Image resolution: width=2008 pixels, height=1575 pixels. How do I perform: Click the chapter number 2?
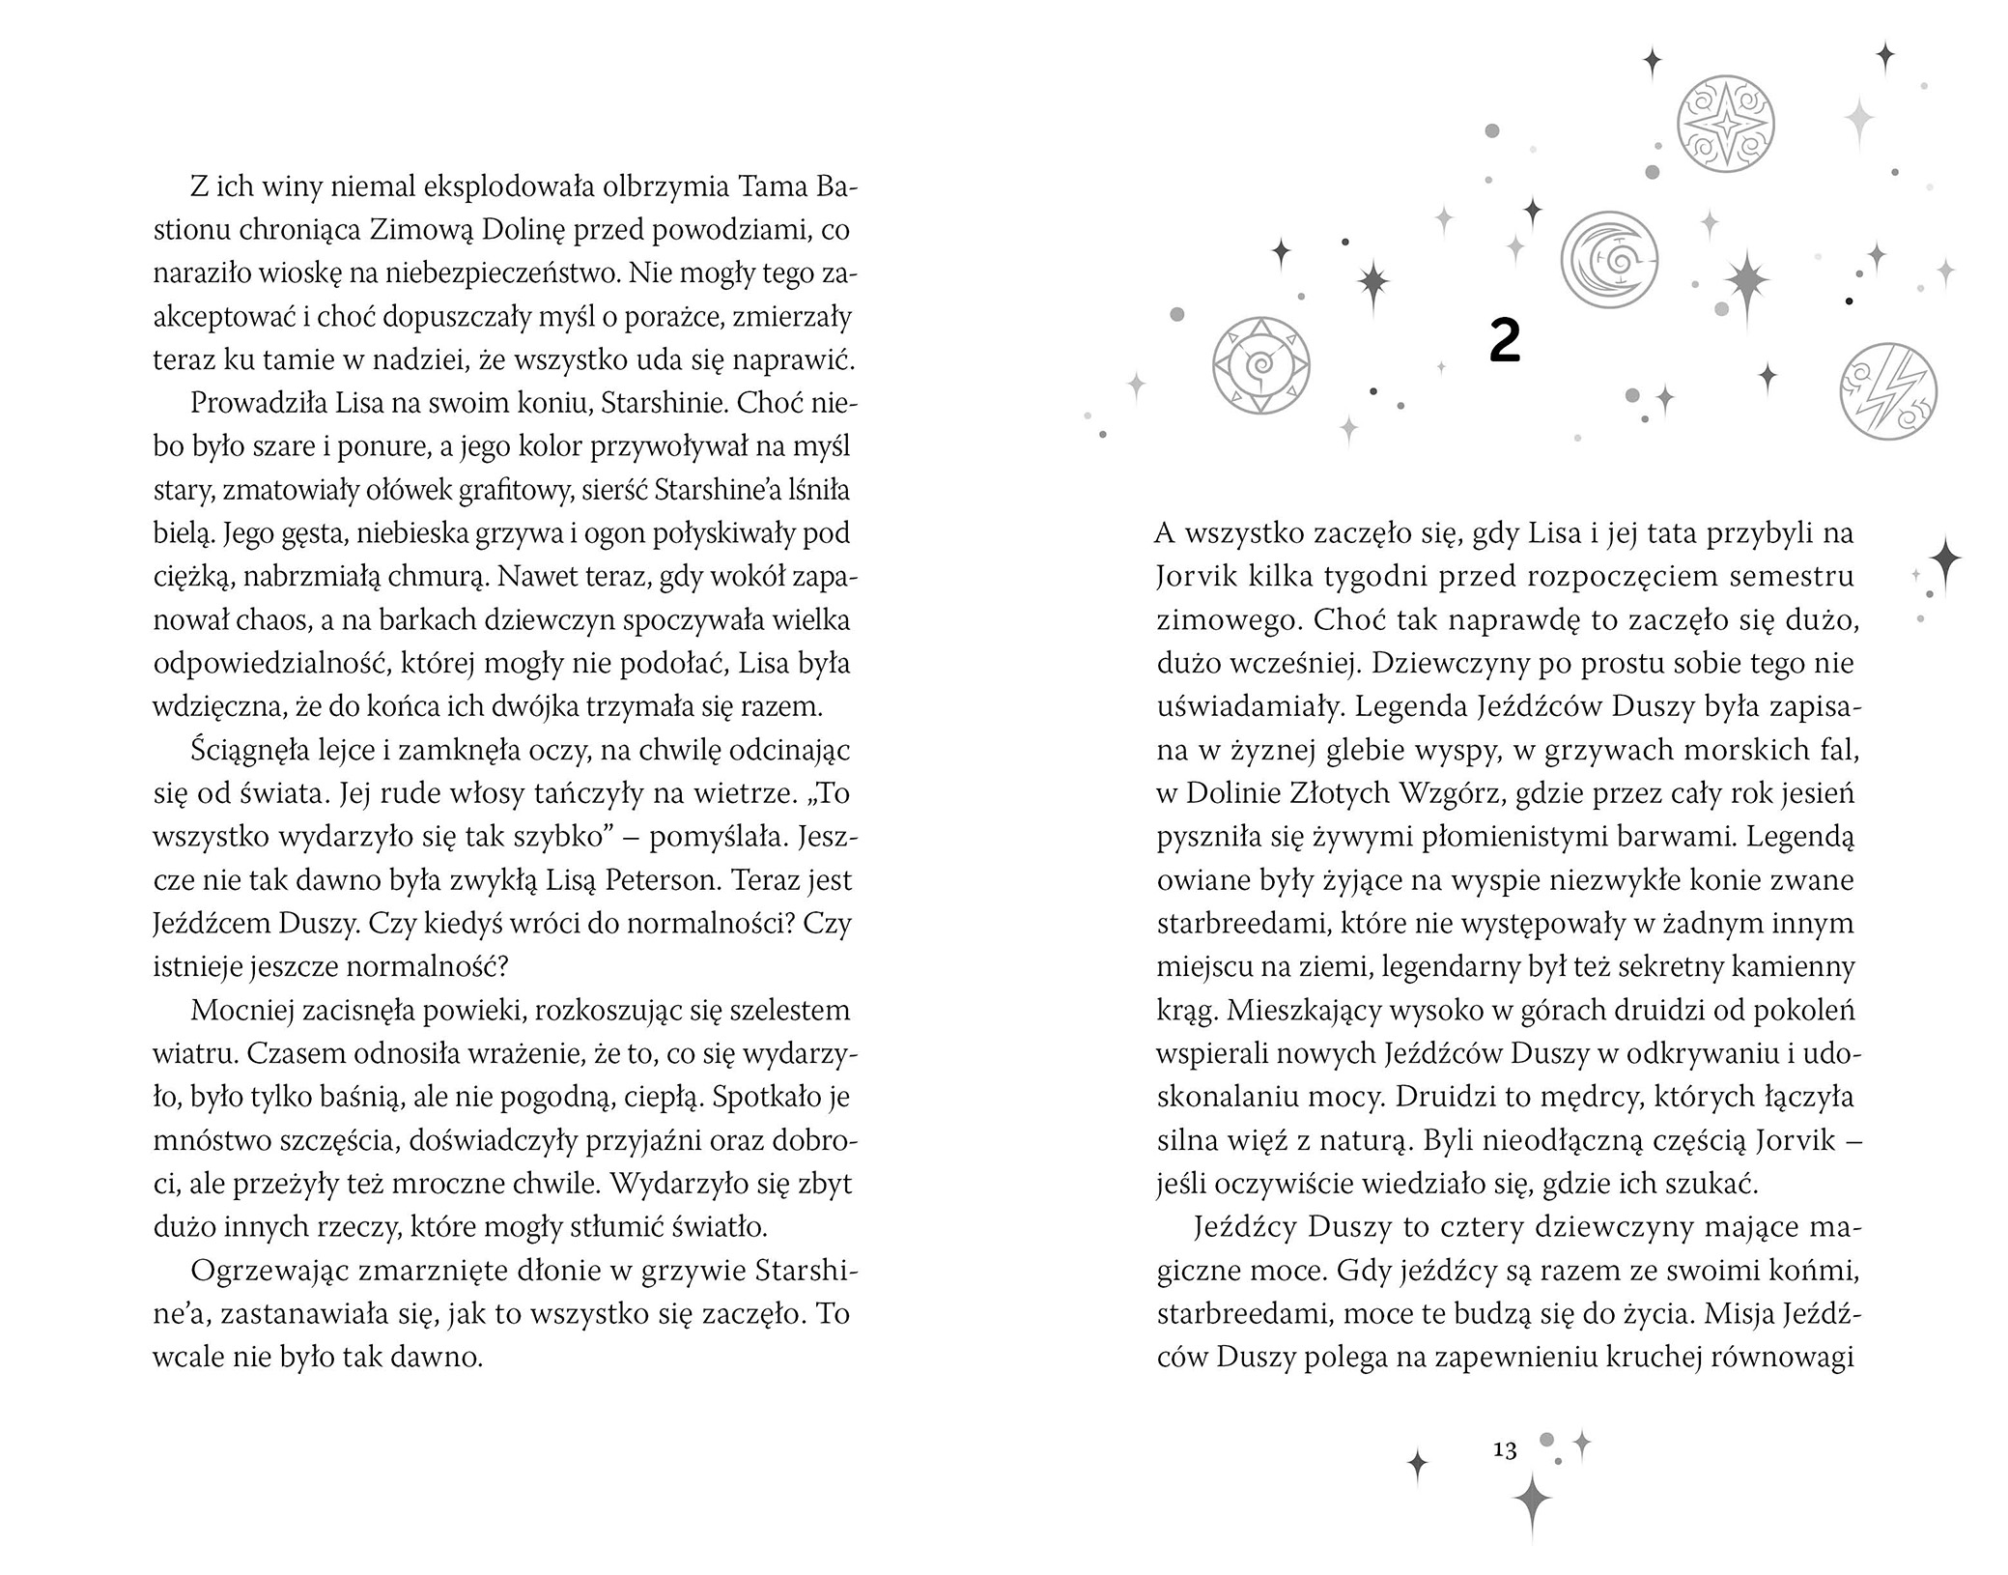click(1505, 342)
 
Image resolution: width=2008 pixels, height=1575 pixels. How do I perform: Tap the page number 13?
click(1505, 1449)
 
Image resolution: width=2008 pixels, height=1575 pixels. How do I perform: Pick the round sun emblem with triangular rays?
click(1260, 366)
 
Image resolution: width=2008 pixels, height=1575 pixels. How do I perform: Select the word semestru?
click(1796, 577)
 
